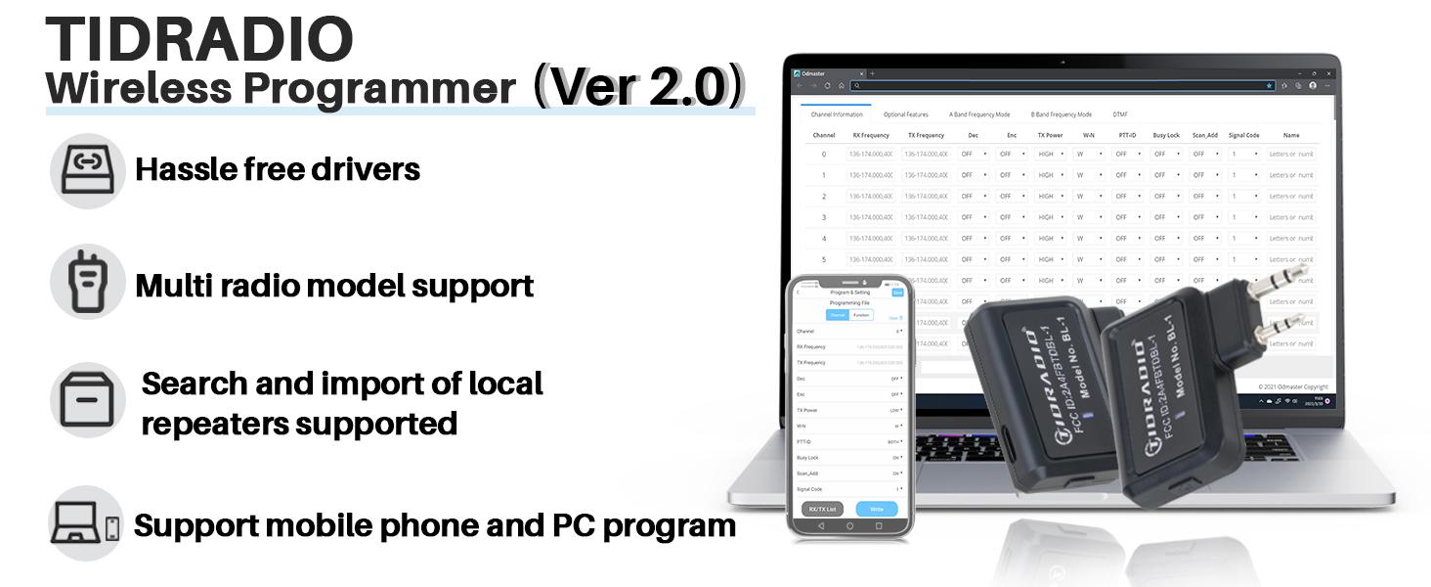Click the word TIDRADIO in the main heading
click(199, 39)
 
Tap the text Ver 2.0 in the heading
click(638, 88)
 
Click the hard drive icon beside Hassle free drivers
click(87, 171)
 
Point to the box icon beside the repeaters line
click(87, 400)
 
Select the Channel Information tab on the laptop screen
click(837, 114)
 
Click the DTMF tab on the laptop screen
click(1120, 114)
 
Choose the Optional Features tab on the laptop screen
click(906, 114)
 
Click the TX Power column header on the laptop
click(1050, 135)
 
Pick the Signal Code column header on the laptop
click(1243, 135)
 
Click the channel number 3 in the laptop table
click(824, 217)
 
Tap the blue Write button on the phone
click(876, 509)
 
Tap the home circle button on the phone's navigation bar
click(849, 526)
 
